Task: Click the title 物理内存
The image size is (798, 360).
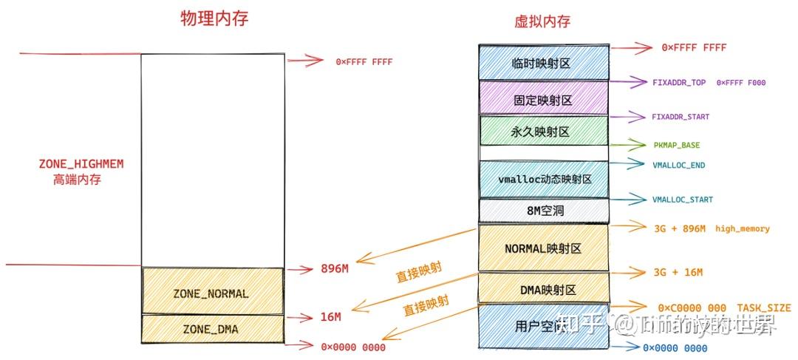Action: [214, 19]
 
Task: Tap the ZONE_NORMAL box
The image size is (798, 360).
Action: [211, 293]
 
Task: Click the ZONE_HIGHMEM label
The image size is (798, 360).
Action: [81, 164]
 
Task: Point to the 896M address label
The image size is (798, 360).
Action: [335, 268]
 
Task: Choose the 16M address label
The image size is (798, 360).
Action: [331, 317]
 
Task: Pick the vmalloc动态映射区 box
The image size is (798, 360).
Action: [544, 179]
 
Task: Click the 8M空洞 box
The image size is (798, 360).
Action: [543, 211]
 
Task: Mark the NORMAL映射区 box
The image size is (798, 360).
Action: [543, 248]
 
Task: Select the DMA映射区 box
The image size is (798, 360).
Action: [543, 289]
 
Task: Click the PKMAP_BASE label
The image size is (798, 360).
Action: [675, 146]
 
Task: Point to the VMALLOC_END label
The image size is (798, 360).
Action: [678, 166]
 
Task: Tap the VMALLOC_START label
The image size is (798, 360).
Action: [683, 200]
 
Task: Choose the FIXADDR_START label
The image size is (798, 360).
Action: [681, 117]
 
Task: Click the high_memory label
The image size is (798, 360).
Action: [742, 229]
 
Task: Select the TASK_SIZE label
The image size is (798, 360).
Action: [763, 308]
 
